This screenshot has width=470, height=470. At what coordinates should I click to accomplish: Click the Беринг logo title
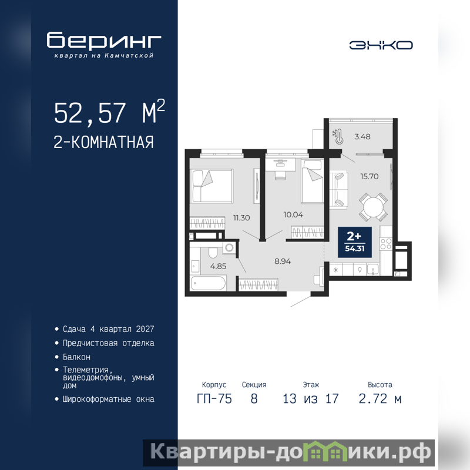[x=104, y=40]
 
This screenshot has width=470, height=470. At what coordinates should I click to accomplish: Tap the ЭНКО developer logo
[x=381, y=45]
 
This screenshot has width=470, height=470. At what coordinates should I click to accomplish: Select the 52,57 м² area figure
[x=109, y=112]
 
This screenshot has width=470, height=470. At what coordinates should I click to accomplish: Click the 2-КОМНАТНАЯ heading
[x=104, y=142]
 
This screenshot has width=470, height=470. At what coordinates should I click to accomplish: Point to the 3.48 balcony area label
[x=362, y=137]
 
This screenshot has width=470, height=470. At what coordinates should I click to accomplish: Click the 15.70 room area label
[x=370, y=176]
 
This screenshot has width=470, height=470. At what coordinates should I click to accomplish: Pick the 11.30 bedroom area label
[x=241, y=217]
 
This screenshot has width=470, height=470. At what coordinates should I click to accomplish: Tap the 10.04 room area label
[x=293, y=214]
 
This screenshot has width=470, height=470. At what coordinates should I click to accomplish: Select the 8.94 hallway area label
[x=283, y=261]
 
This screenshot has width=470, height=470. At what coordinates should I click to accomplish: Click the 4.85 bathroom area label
[x=218, y=266]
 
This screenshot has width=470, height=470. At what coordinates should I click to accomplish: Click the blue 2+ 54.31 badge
[x=355, y=242]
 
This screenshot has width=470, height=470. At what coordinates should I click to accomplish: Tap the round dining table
[x=373, y=207]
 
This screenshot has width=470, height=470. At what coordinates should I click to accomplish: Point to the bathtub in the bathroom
[x=208, y=283]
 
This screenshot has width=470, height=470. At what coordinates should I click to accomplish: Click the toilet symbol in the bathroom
[x=213, y=253]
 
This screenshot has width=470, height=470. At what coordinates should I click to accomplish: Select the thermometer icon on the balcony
[x=338, y=136]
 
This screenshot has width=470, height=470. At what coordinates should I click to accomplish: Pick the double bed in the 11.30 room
[x=212, y=186]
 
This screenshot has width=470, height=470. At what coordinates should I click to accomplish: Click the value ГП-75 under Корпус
[x=214, y=399]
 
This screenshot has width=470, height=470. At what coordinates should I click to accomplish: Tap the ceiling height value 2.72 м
[x=380, y=399]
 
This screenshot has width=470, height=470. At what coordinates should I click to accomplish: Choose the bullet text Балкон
[x=76, y=357]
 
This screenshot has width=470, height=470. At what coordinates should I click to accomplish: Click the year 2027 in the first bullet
[x=145, y=329]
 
